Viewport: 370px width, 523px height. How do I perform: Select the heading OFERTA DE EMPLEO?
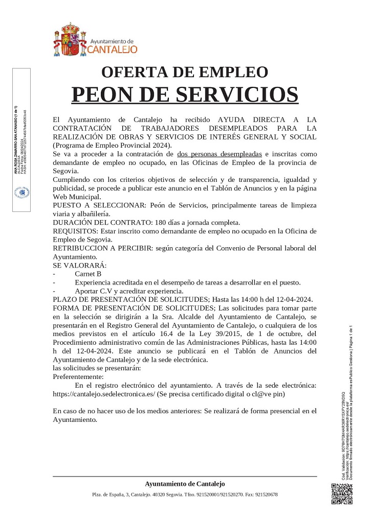click(x=185, y=72)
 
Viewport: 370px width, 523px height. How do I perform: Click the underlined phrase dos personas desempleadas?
click(x=220, y=154)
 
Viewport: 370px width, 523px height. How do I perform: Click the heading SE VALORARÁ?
click(x=79, y=266)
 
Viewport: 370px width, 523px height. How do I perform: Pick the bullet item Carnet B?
click(x=88, y=274)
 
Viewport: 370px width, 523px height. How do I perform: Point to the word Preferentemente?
click(x=78, y=376)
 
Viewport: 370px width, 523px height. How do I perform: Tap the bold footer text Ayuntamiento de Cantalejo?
click(x=185, y=484)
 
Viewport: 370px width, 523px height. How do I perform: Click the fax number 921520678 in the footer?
click(x=266, y=494)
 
